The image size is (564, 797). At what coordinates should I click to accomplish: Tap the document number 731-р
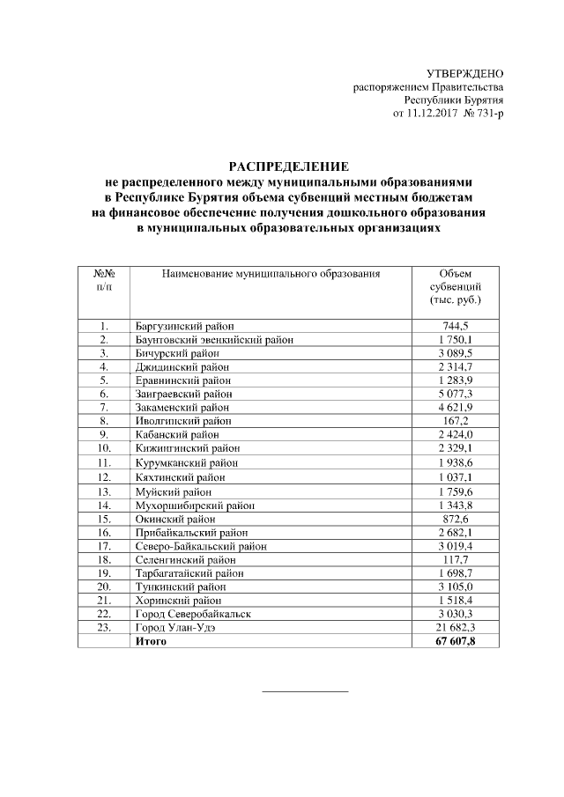click(x=486, y=114)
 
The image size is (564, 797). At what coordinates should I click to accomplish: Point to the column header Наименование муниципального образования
click(x=271, y=274)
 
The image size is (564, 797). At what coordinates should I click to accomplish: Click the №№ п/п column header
click(x=104, y=280)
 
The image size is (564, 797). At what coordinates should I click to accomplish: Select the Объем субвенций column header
click(x=455, y=287)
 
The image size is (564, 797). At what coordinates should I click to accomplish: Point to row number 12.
click(x=104, y=476)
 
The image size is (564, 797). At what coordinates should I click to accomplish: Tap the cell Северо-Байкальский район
click(x=201, y=546)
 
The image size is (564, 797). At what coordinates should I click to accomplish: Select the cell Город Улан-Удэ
click(x=176, y=628)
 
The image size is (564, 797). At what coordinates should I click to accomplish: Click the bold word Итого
click(x=151, y=642)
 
